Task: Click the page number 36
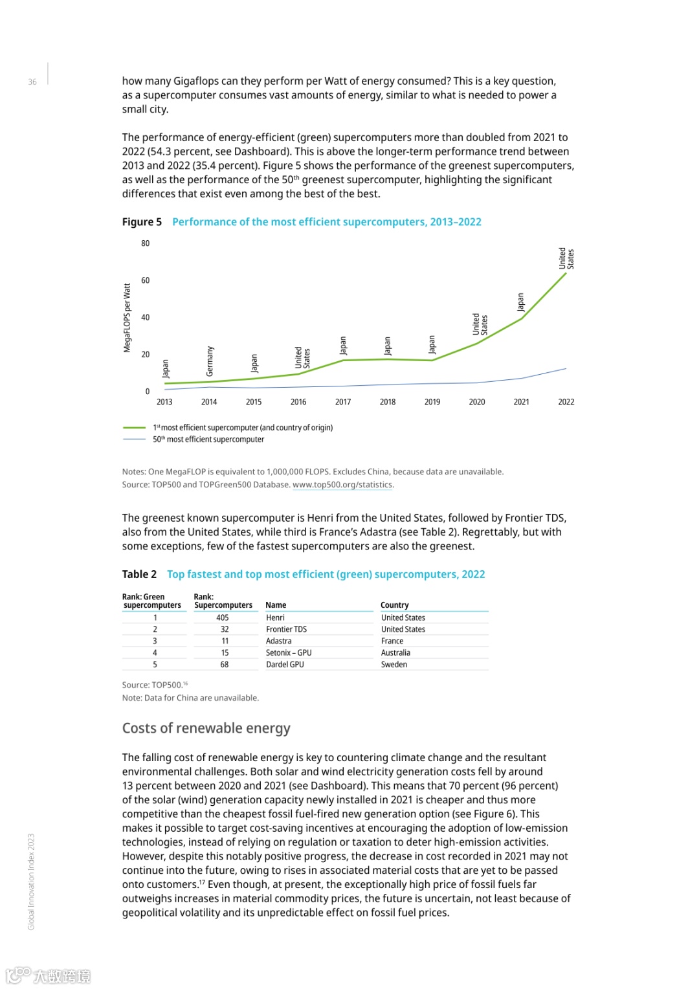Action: click(32, 82)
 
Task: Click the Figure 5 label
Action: click(142, 222)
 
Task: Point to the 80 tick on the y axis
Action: click(146, 243)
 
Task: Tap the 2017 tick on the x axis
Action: click(343, 402)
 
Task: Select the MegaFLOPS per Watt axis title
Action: click(128, 318)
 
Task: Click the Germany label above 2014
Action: click(210, 361)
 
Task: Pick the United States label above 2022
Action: click(566, 258)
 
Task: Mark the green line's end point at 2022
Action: click(566, 273)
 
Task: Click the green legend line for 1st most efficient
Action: click(134, 428)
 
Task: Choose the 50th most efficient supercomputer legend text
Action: click(208, 439)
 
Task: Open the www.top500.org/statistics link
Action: click(342, 485)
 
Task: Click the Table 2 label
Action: click(139, 574)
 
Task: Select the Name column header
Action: click(276, 605)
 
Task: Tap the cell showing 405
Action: click(223, 617)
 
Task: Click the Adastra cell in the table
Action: click(279, 641)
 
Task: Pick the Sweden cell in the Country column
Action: click(394, 664)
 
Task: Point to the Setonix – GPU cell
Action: click(289, 652)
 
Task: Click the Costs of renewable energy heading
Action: click(206, 728)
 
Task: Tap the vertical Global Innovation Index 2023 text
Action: click(31, 882)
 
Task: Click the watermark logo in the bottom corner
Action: click(49, 975)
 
